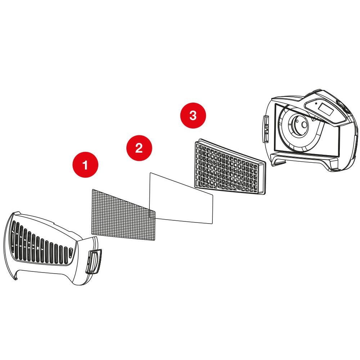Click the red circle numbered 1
[x=85, y=165]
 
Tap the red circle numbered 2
[x=139, y=148]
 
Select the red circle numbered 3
[x=193, y=115]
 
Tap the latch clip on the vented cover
[x=94, y=261]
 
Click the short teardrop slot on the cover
[x=71, y=253]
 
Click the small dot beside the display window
[x=316, y=103]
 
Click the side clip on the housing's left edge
[x=266, y=129]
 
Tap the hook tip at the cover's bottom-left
[x=16, y=279]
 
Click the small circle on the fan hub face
[x=304, y=125]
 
